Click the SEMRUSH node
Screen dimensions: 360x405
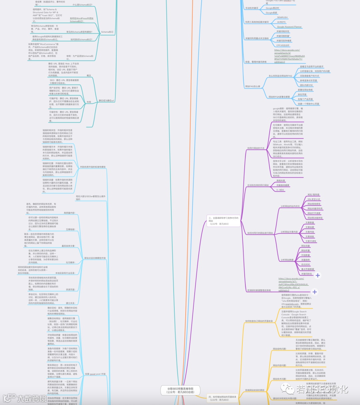(x=282, y=17)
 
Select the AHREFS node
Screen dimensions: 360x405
(x=281, y=22)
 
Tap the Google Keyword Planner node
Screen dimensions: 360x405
(x=289, y=27)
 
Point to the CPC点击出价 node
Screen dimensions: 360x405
(x=283, y=45)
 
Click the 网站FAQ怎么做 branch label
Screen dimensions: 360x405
(x=252, y=86)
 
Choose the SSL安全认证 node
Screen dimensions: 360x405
(x=314, y=199)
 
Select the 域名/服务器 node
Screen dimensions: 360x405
(x=313, y=195)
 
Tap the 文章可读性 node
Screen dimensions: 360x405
(x=311, y=241)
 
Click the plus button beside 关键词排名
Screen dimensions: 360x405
(x=318, y=275)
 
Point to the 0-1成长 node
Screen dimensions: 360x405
(x=280, y=190)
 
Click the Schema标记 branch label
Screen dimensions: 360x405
(x=107, y=32)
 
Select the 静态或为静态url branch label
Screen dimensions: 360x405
(x=106, y=100)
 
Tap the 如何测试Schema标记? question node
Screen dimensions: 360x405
(x=81, y=40)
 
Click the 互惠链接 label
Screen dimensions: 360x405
(x=70, y=229)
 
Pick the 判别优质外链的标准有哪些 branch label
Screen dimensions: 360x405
(x=93, y=167)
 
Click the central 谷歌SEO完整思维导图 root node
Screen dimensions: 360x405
(x=180, y=390)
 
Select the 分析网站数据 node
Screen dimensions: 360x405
(x=287, y=260)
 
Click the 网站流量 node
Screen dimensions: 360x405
(x=305, y=246)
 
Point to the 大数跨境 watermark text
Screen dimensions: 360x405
(x=32, y=398)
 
